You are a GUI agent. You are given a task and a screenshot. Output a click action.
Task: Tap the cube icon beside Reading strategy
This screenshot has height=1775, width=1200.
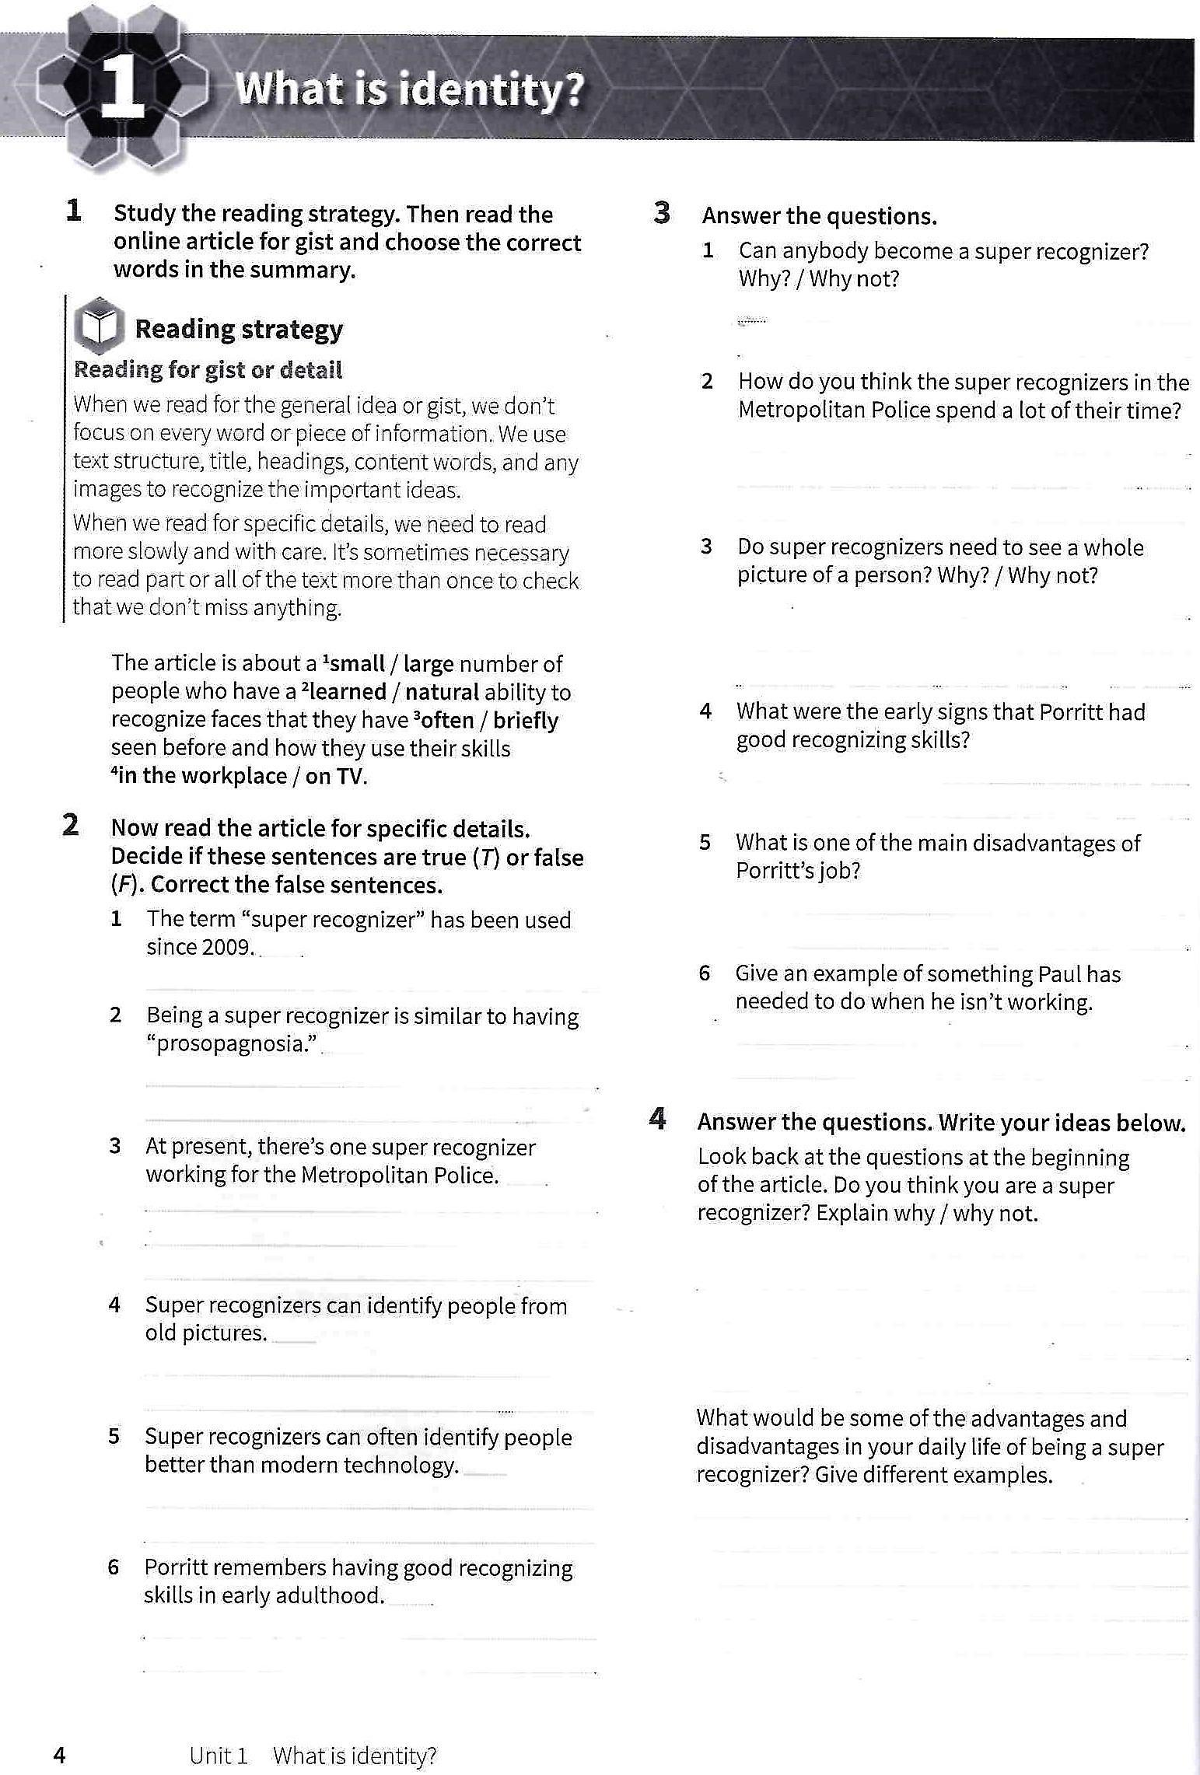click(x=99, y=324)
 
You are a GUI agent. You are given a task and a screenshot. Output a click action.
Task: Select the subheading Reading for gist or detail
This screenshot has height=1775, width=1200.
click(x=208, y=370)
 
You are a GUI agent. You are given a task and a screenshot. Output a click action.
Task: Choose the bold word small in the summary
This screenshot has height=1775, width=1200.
click(x=356, y=663)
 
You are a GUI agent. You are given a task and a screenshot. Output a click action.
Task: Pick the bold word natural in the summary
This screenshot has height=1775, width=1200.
click(x=442, y=692)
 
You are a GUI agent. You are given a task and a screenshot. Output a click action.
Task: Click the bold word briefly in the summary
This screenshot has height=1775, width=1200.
click(x=526, y=720)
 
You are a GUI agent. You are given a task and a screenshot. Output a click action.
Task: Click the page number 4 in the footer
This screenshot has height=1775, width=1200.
click(x=59, y=1756)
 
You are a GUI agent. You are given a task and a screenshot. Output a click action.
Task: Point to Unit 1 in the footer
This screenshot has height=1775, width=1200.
click(x=218, y=1756)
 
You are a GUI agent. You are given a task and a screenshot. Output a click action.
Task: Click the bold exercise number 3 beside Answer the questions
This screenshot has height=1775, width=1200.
click(x=662, y=213)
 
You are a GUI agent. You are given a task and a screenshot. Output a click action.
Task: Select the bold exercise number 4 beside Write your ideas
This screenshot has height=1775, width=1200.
click(x=658, y=1120)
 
